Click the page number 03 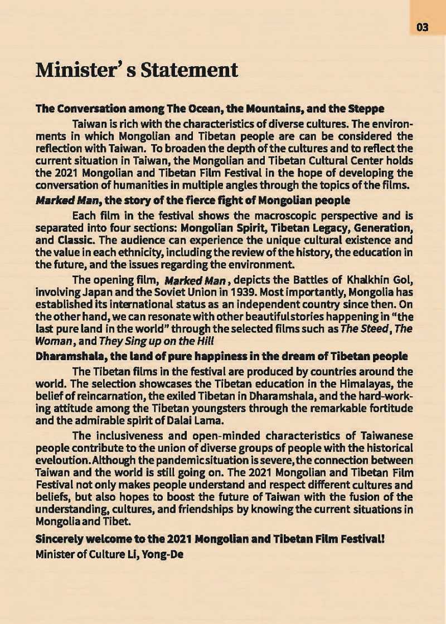(x=422, y=27)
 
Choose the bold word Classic (x=74, y=240)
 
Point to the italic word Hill (x=204, y=340)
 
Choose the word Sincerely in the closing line (x=60, y=539)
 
